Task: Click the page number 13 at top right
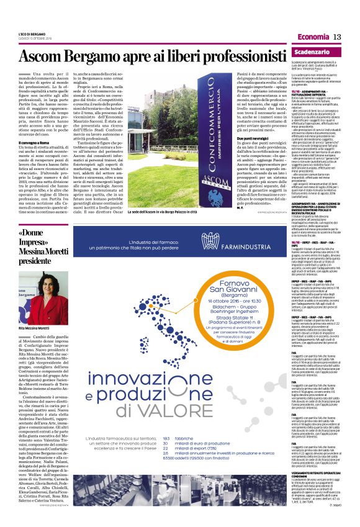click(338, 37)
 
